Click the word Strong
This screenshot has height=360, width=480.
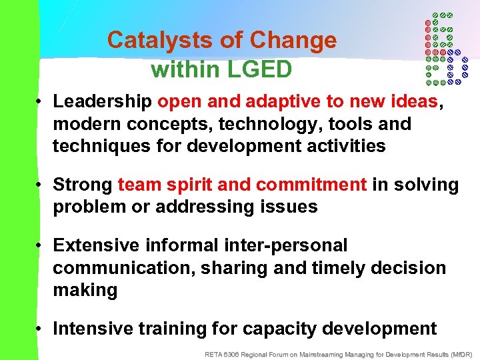[83, 185]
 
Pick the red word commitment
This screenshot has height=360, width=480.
[311, 185]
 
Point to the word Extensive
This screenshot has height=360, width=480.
[98, 245]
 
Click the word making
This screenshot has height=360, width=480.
[85, 290]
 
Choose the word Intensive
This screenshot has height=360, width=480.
[97, 329]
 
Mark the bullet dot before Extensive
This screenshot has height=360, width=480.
[41, 246]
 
